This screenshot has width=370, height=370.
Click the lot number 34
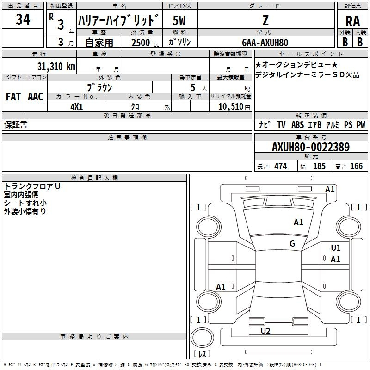click(23, 19)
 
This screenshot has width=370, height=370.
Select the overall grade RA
click(353, 21)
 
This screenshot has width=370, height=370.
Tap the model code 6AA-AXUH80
click(265, 43)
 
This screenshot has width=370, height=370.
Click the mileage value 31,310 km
click(56, 66)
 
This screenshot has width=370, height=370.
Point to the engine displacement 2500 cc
click(145, 43)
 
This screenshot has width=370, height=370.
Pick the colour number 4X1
click(77, 107)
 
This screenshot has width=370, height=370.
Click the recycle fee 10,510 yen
click(234, 107)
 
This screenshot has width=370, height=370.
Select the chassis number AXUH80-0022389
click(311, 147)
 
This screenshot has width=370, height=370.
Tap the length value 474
click(281, 166)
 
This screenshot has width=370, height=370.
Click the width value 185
click(319, 166)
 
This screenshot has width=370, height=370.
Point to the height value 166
click(356, 166)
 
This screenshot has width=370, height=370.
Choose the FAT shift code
click(13, 97)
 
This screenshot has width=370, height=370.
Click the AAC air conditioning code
click(36, 97)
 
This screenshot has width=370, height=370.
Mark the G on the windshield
click(292, 244)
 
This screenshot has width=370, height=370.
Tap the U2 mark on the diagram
click(265, 331)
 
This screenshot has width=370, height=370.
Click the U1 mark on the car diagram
click(336, 248)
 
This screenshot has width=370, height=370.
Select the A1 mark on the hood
click(298, 222)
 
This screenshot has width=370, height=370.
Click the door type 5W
click(179, 20)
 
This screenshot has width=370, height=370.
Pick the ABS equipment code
click(297, 125)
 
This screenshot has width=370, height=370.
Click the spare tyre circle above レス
click(202, 337)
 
